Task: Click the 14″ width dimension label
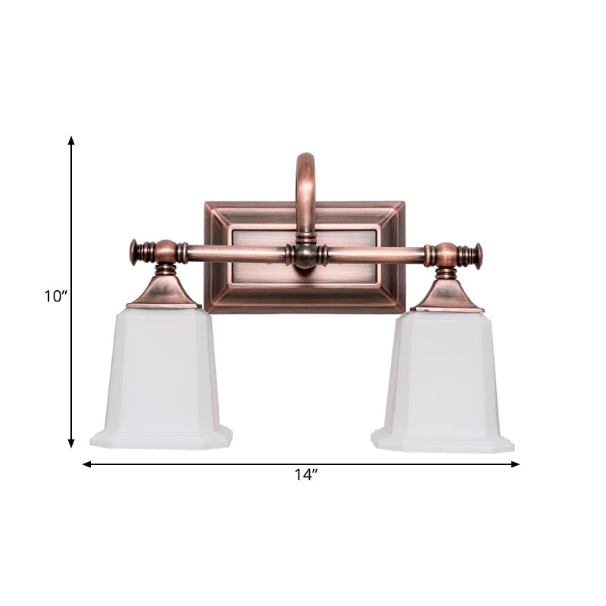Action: [x=306, y=476]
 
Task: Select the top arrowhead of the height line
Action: [x=71, y=141]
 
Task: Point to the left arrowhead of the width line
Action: [x=86, y=464]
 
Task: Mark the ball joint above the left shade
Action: [x=166, y=251]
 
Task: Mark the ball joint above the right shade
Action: [x=447, y=255]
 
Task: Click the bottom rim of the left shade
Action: [x=161, y=439]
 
